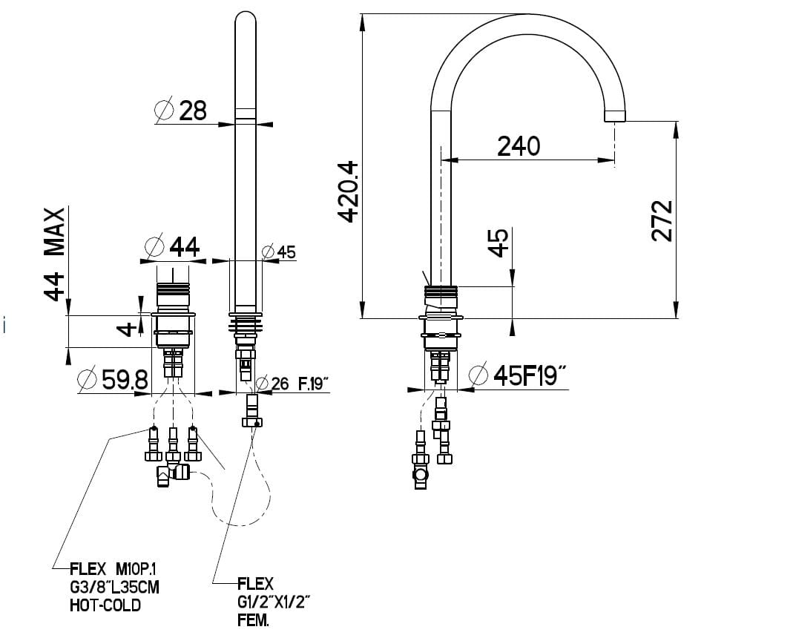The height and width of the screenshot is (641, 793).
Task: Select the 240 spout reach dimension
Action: point(519,146)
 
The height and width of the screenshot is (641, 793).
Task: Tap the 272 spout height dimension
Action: point(662,220)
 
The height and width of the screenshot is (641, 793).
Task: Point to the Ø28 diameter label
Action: point(181,111)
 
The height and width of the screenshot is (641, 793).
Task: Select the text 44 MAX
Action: point(54,253)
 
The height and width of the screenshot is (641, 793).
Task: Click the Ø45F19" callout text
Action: point(519,376)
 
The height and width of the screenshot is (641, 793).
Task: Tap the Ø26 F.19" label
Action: point(292,384)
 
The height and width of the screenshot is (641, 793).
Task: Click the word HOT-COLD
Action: point(105,605)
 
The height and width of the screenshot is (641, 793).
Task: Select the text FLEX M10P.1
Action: point(113,569)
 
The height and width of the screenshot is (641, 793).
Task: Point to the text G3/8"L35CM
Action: point(114,588)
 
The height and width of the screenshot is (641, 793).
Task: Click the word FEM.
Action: point(253,620)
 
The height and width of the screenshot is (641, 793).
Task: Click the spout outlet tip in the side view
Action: point(616,116)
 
